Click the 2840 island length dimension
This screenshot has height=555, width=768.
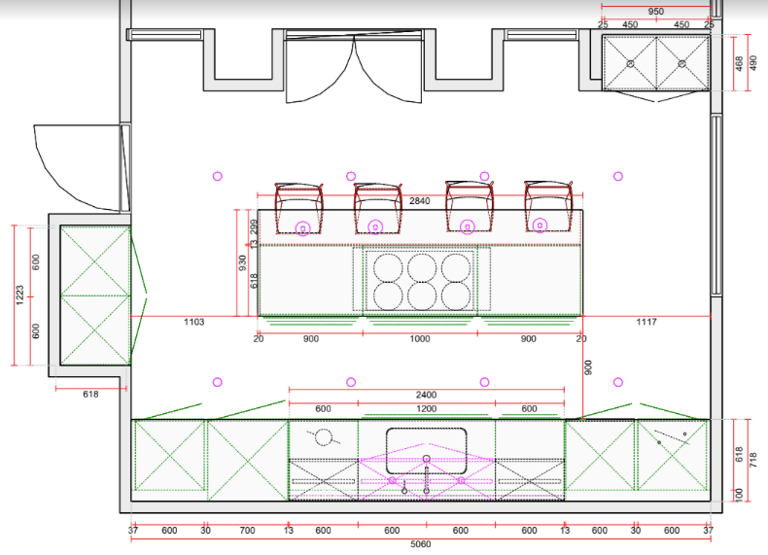[x=420, y=201]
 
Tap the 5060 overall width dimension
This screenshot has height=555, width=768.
[x=420, y=544]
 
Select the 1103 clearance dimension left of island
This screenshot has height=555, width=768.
[x=194, y=322]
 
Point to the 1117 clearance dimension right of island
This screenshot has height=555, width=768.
[x=646, y=322]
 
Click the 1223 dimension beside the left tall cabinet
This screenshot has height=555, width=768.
[x=19, y=295]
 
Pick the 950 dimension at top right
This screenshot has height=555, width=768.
[x=656, y=12]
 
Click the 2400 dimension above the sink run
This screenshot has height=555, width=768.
[x=426, y=395]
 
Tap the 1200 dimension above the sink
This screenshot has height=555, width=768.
[x=426, y=408]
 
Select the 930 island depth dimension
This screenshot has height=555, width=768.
[x=242, y=263]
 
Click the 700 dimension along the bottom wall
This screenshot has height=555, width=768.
[x=247, y=531]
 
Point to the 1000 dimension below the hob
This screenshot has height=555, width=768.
[x=420, y=339]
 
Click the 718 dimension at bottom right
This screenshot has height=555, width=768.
[x=752, y=460]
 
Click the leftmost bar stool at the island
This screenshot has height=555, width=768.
[x=298, y=208]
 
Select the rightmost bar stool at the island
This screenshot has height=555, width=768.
[x=548, y=206]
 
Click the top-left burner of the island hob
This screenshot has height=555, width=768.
[x=388, y=268]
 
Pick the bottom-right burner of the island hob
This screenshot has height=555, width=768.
[x=456, y=295]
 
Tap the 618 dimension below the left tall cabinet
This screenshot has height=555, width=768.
[x=90, y=395]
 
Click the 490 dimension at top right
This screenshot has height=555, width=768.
[x=752, y=63]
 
